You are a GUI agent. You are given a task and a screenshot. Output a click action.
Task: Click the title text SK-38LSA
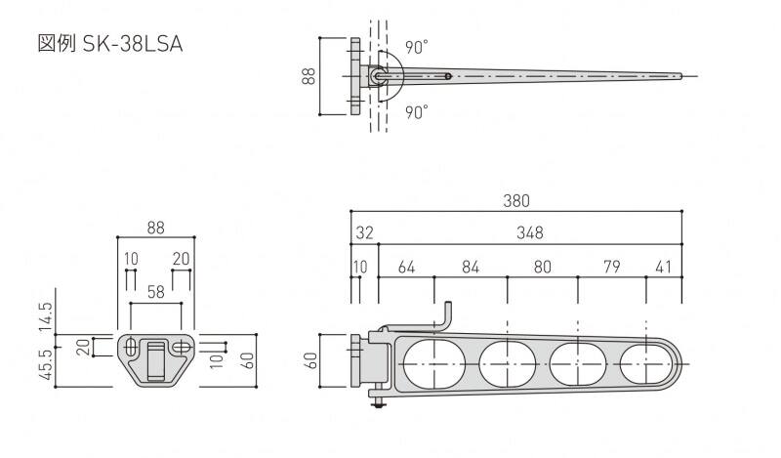point(133,44)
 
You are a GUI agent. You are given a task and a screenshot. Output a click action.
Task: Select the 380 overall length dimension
point(516,201)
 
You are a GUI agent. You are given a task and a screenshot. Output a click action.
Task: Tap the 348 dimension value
point(529,232)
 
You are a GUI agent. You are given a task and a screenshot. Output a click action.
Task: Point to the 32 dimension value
point(364,232)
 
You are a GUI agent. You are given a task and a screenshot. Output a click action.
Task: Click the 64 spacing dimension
point(406,268)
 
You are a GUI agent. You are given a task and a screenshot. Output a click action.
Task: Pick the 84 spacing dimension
point(471,268)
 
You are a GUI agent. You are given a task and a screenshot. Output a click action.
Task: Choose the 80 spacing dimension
point(543,268)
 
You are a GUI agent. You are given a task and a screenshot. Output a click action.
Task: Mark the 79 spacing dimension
point(612,268)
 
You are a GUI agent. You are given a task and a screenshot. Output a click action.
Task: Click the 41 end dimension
point(664,268)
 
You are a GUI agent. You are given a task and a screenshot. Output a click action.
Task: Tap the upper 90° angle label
point(417,47)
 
